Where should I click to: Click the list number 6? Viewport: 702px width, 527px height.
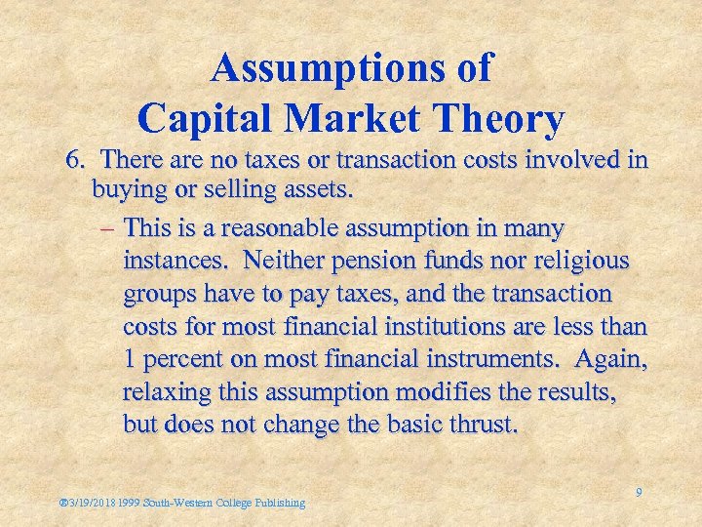click(75, 159)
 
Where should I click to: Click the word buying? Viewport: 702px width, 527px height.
click(126, 187)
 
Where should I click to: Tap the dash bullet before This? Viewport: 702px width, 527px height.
click(106, 229)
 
